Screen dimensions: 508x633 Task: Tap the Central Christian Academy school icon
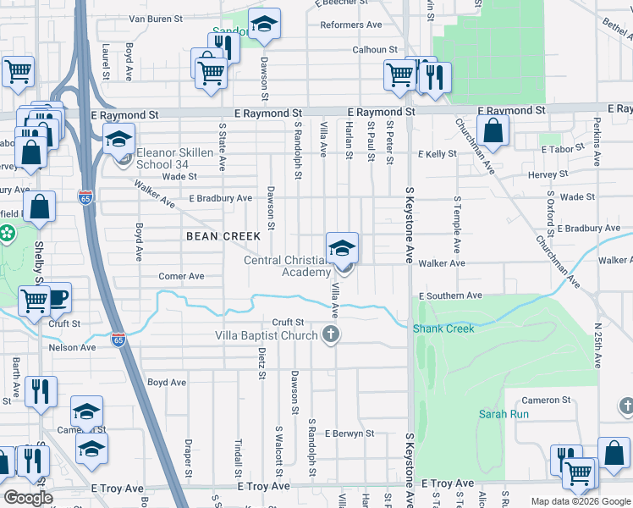point(342,249)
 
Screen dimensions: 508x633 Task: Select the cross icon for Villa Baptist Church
point(332,334)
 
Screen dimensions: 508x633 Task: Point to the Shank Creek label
point(438,329)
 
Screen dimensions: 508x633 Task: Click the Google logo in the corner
point(28,498)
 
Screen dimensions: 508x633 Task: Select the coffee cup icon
point(58,298)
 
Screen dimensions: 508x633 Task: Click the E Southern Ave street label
point(450,296)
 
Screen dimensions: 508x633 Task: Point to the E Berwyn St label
point(349,433)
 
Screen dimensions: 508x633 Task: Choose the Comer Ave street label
point(182,276)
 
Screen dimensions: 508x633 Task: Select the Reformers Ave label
point(351,25)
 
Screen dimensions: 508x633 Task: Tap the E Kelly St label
point(438,154)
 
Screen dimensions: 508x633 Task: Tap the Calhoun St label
point(375,50)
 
